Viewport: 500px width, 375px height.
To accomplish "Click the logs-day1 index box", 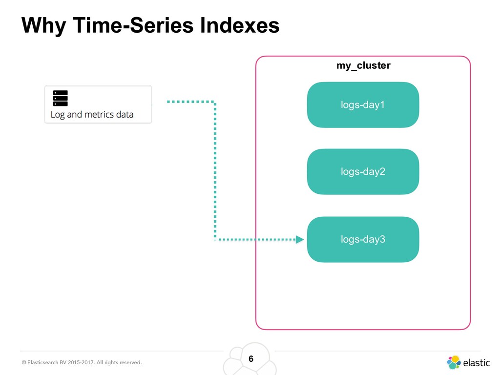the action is click(x=363, y=104).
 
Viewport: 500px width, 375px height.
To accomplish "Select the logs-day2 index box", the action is click(x=363, y=171).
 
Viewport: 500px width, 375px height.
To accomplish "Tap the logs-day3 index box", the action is click(x=363, y=239).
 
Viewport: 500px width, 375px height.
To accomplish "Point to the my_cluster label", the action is click(x=363, y=65).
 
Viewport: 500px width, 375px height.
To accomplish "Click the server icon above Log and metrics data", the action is click(x=60, y=98).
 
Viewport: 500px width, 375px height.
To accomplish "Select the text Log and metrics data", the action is click(x=92, y=115).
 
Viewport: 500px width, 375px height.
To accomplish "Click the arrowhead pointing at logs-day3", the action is click(x=300, y=239).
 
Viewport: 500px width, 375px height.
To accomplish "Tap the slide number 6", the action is click(x=251, y=359).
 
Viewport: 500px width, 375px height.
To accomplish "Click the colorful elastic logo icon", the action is click(x=454, y=362).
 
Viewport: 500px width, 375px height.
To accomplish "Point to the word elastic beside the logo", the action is click(x=476, y=363).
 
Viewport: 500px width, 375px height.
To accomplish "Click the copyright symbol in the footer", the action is click(x=23, y=363).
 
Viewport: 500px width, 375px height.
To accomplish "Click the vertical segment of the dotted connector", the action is click(x=215, y=171).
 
